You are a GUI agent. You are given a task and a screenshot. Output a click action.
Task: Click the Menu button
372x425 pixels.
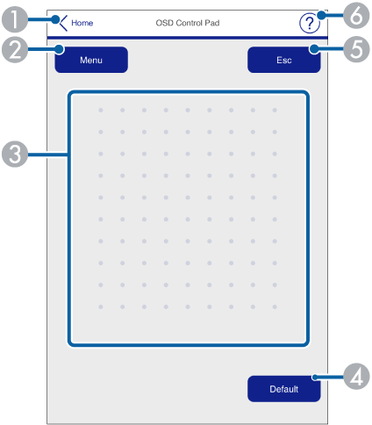coord(91,60)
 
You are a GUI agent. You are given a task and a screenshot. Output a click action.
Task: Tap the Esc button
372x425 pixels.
coord(284,60)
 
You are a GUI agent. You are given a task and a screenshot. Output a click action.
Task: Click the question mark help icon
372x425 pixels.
coord(309,24)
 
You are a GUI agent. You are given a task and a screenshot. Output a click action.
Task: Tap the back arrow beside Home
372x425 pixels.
coord(63,23)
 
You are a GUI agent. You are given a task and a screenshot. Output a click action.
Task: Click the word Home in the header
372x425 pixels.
coord(82,23)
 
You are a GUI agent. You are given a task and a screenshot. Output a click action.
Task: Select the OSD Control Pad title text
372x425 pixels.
coord(188,23)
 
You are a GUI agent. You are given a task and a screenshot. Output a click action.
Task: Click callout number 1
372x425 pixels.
coord(15,19)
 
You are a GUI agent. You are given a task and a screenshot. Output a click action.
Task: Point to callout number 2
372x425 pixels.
coord(15,50)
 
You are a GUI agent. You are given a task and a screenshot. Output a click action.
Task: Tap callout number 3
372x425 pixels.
coord(15,155)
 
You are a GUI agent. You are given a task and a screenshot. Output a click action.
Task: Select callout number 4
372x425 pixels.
coord(357,377)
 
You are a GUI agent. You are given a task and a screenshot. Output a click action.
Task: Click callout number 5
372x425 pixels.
coord(357,49)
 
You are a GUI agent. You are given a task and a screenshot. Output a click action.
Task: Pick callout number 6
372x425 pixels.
coord(357,16)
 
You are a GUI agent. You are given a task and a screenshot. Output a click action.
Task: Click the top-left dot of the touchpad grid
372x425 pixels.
coord(101,110)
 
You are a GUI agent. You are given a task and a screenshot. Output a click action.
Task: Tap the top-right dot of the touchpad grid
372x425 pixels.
coord(275,110)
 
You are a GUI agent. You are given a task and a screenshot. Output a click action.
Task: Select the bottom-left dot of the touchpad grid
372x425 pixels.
coord(101,306)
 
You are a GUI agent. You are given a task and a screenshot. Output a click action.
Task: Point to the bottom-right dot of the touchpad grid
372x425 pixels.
coord(275,306)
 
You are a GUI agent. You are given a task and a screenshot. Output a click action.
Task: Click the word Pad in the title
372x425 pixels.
coord(212,23)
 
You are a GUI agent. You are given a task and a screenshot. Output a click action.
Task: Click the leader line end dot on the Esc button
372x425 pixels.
coord(314,49)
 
